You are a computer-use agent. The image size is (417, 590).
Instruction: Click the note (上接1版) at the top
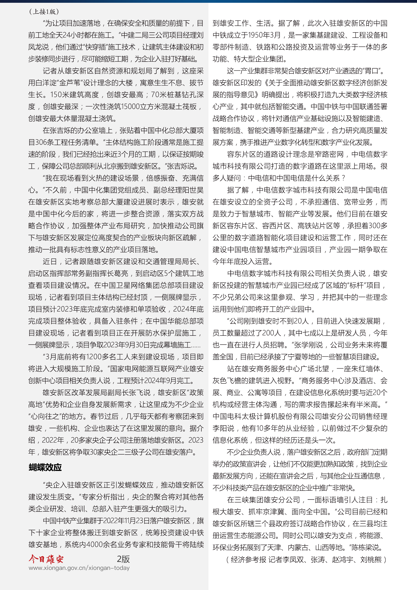pyautogui.click(x=44, y=12)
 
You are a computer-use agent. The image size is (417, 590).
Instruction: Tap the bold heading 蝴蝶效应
pyautogui.click(x=45, y=467)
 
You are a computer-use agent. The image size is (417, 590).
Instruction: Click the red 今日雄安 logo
pyautogui.click(x=46, y=559)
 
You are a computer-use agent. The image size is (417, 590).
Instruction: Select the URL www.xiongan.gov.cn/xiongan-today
pyautogui.click(x=79, y=568)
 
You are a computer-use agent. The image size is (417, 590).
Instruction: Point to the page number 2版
pyautogui.click(x=123, y=559)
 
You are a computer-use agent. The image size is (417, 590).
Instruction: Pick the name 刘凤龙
pyautogui.click(x=39, y=47)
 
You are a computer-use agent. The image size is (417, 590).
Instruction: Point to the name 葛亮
pyautogui.click(x=121, y=273)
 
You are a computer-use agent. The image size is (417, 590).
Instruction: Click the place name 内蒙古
pyautogui.click(x=298, y=547)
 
